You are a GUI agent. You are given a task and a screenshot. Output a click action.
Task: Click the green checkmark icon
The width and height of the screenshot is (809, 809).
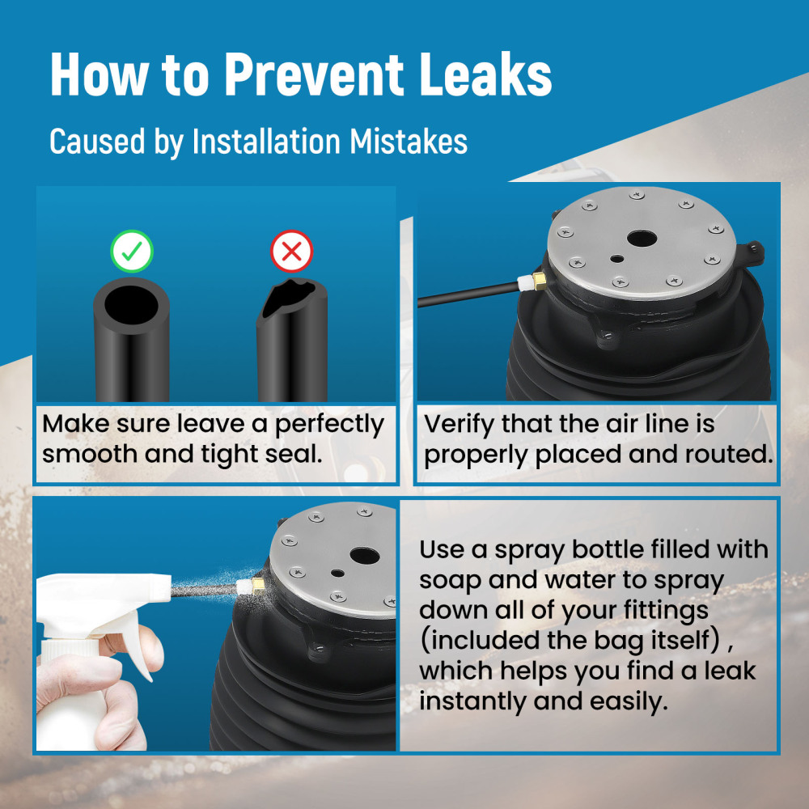coord(132,252)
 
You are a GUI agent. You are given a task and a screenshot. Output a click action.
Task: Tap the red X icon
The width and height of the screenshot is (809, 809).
coord(291,252)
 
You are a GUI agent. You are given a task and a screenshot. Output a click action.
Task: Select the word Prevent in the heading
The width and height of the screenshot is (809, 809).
coord(314,74)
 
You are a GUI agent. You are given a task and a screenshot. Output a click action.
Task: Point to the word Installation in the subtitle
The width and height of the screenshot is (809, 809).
coord(265,141)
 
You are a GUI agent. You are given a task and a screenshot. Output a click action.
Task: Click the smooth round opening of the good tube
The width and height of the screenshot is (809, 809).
coord(132,305)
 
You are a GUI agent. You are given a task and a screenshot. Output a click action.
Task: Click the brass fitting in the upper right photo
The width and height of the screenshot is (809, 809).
coord(540,281)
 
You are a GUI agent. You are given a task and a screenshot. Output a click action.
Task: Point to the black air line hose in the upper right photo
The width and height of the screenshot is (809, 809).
coord(468,294)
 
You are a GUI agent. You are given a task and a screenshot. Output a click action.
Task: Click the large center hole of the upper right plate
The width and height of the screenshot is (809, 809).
coord(642,239)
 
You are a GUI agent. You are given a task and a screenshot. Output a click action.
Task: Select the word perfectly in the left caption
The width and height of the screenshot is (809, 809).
coord(329,426)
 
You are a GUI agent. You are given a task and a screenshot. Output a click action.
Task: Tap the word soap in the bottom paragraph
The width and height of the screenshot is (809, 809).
coord(450,580)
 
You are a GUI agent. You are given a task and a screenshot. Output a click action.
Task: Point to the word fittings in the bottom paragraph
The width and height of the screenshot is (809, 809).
coord(666,611)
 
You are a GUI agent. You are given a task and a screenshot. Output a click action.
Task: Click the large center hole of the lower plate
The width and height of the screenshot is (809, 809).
coord(365,556)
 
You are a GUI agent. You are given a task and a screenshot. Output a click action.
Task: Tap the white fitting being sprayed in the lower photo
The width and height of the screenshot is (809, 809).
coord(243,587)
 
